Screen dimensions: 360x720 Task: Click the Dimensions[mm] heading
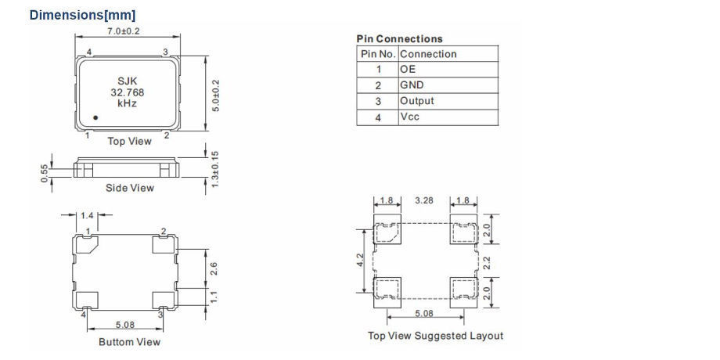tap(82, 15)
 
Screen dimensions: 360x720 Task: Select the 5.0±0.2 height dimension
tap(215, 94)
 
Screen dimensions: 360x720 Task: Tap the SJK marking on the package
tap(127, 80)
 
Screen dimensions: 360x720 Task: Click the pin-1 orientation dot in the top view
tap(95, 117)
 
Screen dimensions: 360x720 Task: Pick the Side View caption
tap(130, 188)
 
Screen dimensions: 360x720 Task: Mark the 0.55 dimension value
tap(45, 172)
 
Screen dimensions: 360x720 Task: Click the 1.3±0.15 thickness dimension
tap(215, 167)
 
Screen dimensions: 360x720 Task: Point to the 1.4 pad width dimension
tap(87, 214)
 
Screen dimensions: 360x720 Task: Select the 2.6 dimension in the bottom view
tap(215, 268)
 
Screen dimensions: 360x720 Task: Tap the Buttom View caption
tap(129, 342)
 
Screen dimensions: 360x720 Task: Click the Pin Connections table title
tap(399, 38)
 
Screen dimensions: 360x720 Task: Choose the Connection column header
tap(428, 54)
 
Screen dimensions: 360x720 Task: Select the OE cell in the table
tap(408, 70)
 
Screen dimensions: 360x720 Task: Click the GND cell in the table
tap(412, 85)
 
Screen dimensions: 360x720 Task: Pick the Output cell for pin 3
tap(416, 101)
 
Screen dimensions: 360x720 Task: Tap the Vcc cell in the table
tap(410, 117)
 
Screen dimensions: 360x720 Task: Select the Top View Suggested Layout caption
tap(436, 336)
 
